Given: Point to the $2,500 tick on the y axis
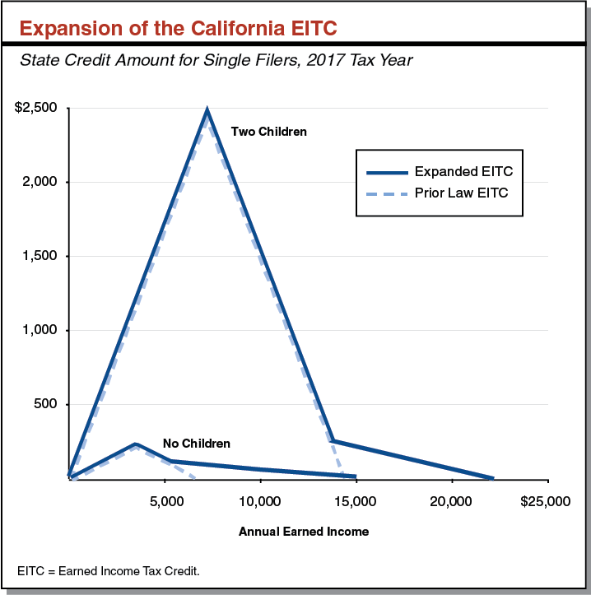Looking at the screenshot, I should (35, 109).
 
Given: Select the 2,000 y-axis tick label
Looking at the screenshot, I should (40, 182).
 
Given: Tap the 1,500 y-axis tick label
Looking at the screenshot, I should (40, 256).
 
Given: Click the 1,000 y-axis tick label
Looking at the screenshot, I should (40, 330).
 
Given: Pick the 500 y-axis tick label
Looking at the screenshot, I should (46, 404).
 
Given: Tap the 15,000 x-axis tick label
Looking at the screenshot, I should (356, 500).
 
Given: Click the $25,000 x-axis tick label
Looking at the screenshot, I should (543, 500).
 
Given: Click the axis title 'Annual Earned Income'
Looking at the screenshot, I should (304, 532).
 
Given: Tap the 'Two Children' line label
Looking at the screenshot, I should (268, 131).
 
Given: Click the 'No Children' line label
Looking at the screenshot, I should (196, 444).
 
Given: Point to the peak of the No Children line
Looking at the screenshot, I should (135, 444).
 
